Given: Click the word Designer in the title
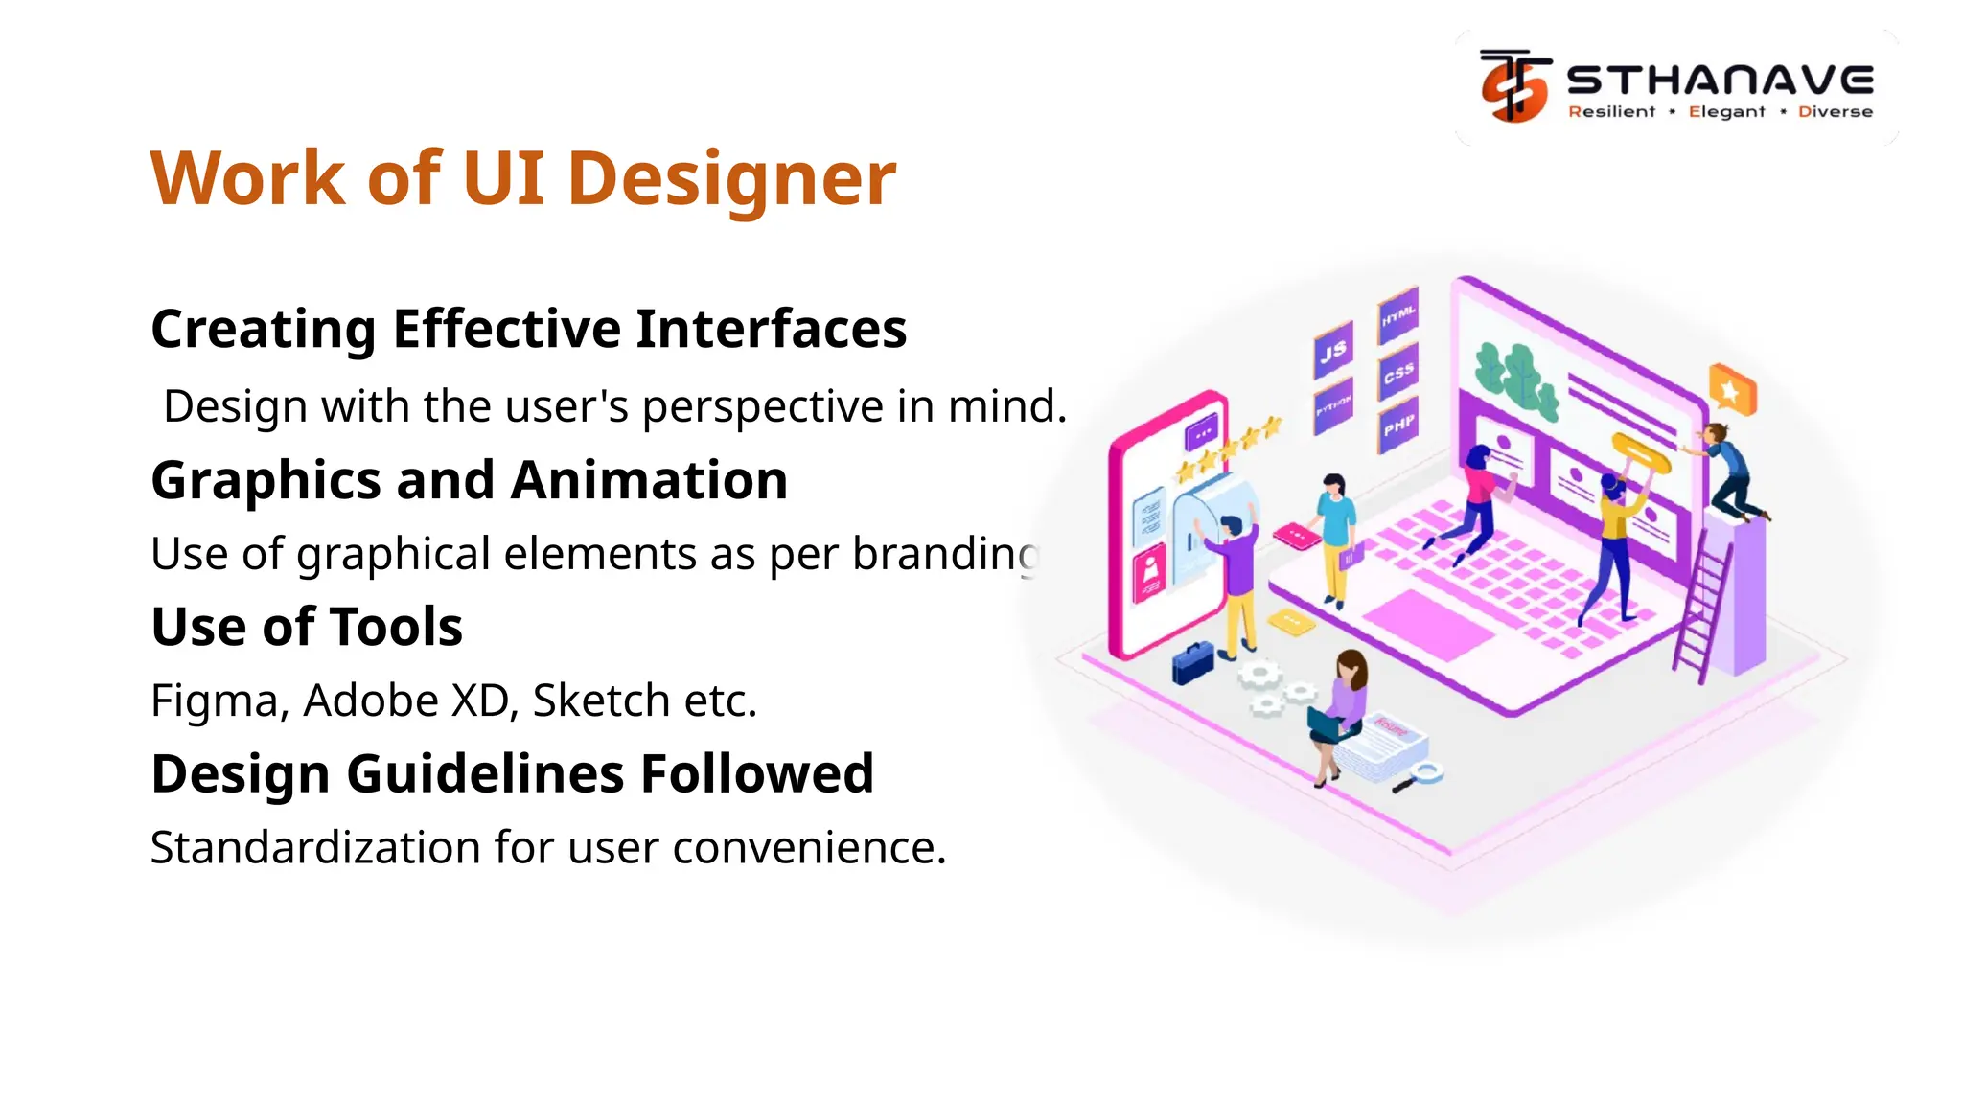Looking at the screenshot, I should click(731, 179).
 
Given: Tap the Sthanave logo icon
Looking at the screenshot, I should click(1514, 86).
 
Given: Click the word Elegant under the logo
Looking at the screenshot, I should click(1726, 112).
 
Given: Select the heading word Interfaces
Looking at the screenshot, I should click(771, 329).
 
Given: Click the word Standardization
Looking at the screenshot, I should click(315, 847).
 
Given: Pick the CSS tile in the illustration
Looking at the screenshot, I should click(1398, 372).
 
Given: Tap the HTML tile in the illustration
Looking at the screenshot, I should click(1398, 314).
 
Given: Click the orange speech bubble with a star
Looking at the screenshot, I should click(1733, 390).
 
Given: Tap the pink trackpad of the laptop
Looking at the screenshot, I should click(1428, 625).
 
